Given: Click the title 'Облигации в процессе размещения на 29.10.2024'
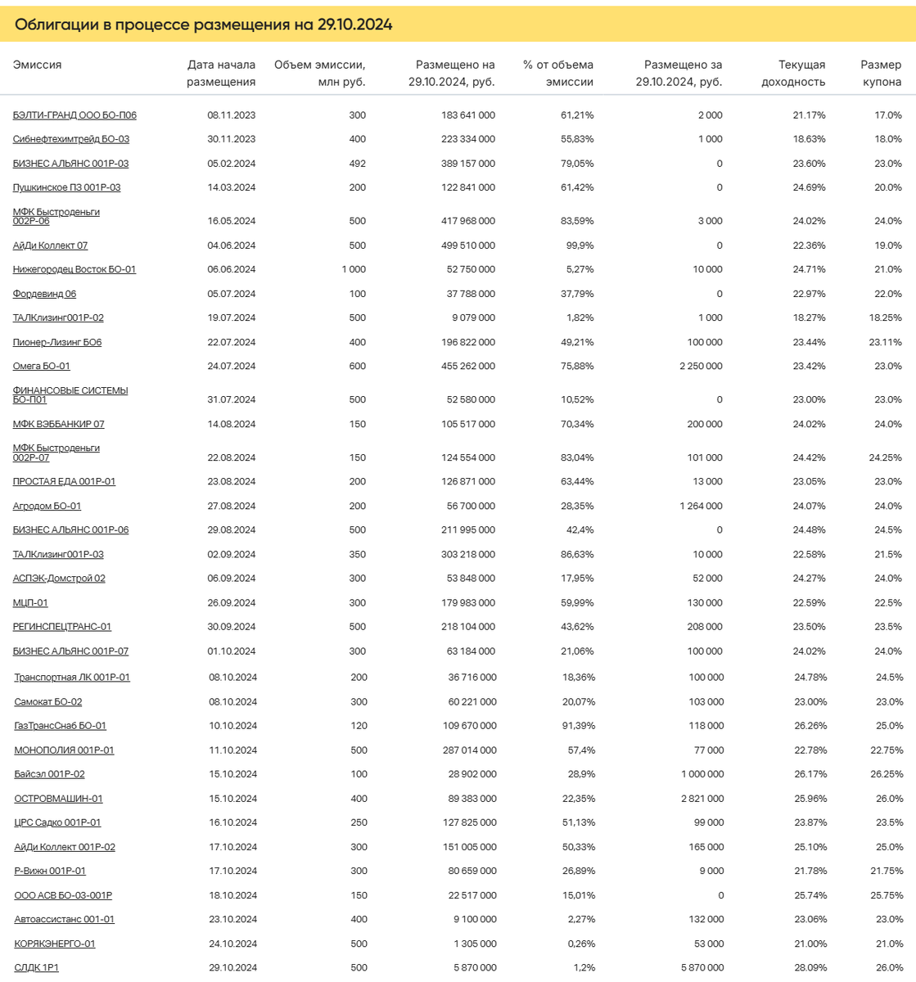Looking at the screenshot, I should [203, 25].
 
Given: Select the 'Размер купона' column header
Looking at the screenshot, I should [880, 73].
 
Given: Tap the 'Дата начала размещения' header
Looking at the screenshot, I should [221, 73].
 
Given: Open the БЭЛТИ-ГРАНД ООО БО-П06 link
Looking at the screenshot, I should [74, 115].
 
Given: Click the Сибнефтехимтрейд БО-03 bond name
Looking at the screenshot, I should [70, 139].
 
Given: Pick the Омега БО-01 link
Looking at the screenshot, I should [41, 366].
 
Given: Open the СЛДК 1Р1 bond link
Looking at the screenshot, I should [36, 967].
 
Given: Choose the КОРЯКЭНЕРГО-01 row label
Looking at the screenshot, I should [54, 944].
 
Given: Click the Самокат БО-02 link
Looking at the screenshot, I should [47, 701].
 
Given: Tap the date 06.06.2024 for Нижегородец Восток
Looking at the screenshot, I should [232, 269].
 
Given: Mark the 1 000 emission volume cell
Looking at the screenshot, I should [354, 269].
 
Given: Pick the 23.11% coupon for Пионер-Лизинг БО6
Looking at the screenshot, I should [885, 342].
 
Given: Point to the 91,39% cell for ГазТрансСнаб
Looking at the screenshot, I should [578, 725].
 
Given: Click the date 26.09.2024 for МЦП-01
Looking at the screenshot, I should [232, 602].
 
